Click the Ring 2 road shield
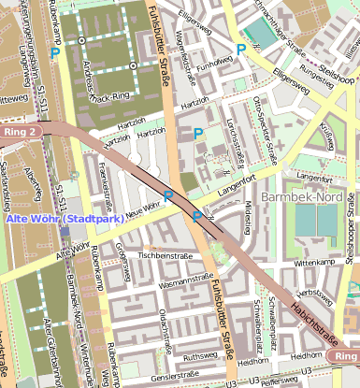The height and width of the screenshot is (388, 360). pos(22,133)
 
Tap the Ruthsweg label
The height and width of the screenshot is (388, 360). pos(201,356)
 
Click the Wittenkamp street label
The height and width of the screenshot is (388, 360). pos(313,265)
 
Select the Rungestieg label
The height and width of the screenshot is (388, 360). pos(315,80)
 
